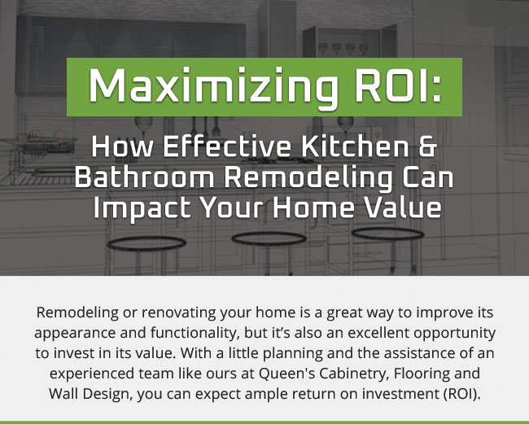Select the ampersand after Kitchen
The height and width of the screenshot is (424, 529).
426,150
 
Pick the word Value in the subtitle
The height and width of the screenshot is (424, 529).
400,207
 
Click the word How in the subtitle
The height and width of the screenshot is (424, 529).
118,150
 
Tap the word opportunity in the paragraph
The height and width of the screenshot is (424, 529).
451,334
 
